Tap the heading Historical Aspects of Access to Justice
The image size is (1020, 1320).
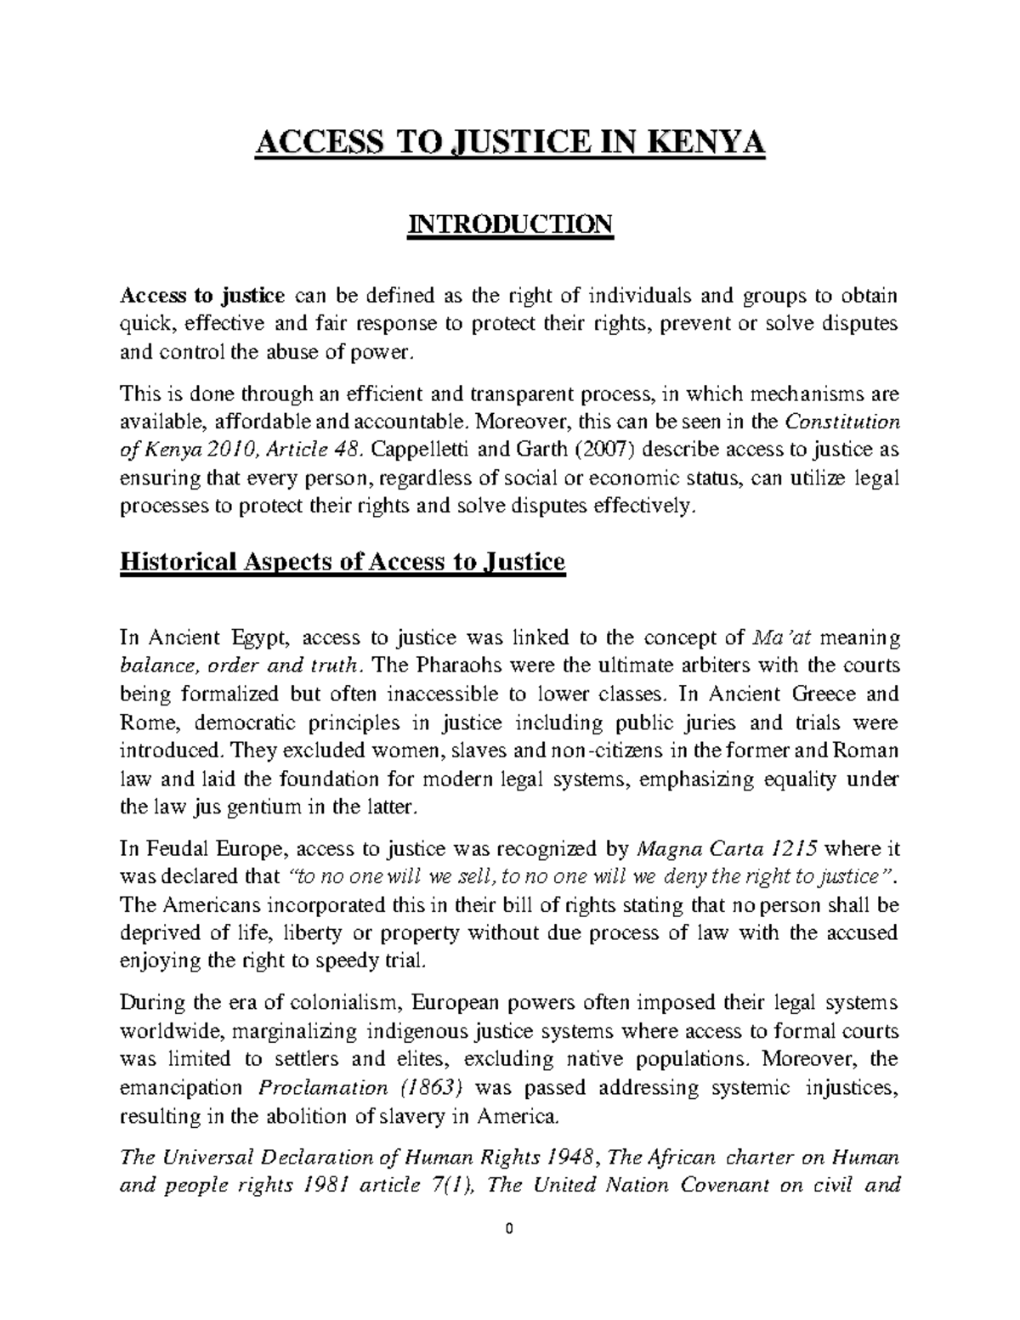[343, 562]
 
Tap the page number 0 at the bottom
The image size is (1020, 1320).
[509, 1230]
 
